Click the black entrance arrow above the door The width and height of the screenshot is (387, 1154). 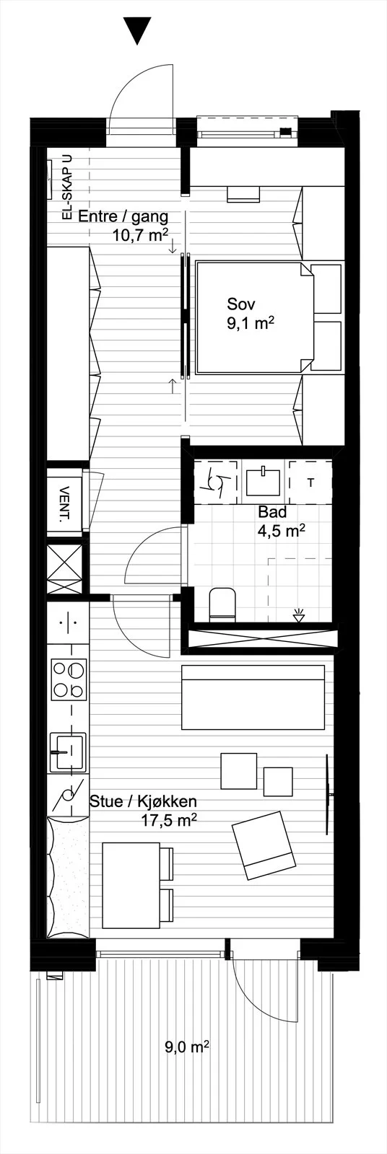coord(137,30)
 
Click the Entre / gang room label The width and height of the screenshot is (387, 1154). coord(123,217)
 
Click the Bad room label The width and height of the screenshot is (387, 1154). coord(272,513)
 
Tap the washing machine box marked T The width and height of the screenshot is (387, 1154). coord(310,483)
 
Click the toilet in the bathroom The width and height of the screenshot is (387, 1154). coord(222,605)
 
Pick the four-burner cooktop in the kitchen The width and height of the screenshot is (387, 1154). coord(69,679)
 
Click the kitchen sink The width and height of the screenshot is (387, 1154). coord(68,752)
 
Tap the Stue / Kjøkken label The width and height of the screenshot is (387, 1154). coord(143,801)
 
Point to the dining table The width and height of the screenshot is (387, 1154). coord(131,884)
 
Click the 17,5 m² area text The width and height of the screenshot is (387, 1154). coord(169,819)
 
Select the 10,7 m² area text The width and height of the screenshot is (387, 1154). coord(140,235)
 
